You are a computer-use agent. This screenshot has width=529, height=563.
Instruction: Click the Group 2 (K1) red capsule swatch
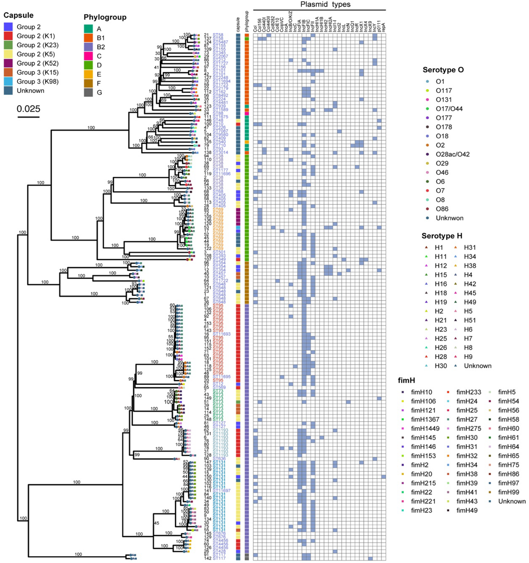pyautogui.click(x=8, y=36)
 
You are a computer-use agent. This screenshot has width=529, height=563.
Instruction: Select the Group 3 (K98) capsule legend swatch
pyautogui.click(x=8, y=81)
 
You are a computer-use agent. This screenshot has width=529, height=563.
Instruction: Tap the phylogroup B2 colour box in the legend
pyautogui.click(x=88, y=47)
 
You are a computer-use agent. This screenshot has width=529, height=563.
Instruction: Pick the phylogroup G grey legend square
pyautogui.click(x=88, y=93)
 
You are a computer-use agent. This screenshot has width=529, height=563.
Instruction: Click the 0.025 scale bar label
pyautogui.click(x=28, y=109)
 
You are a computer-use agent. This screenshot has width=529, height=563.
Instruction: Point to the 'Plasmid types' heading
pyautogui.click(x=325, y=4)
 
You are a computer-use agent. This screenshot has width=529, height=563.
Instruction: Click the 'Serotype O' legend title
pyautogui.click(x=443, y=70)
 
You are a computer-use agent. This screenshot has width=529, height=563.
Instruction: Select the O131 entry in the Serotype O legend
pyautogui.click(x=444, y=100)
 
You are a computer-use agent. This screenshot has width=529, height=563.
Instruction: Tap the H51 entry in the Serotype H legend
pyautogui.click(x=470, y=320)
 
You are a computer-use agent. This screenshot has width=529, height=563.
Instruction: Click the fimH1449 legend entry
pyautogui.click(x=425, y=428)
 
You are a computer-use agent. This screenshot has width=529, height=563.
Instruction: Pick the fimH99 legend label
pyautogui.click(x=508, y=492)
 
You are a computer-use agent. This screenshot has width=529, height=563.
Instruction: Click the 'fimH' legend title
pyautogui.click(x=406, y=380)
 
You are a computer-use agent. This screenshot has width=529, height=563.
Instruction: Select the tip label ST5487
pyautogui.click(x=220, y=42)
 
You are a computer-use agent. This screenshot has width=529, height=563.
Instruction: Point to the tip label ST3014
pyautogui.click(x=220, y=153)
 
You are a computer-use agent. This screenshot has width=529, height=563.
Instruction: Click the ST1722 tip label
pyautogui.click(x=220, y=281)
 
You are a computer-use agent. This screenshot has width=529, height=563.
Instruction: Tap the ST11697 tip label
pyautogui.click(x=222, y=490)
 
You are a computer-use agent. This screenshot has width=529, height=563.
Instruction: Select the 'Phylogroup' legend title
pyautogui.click(x=105, y=17)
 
